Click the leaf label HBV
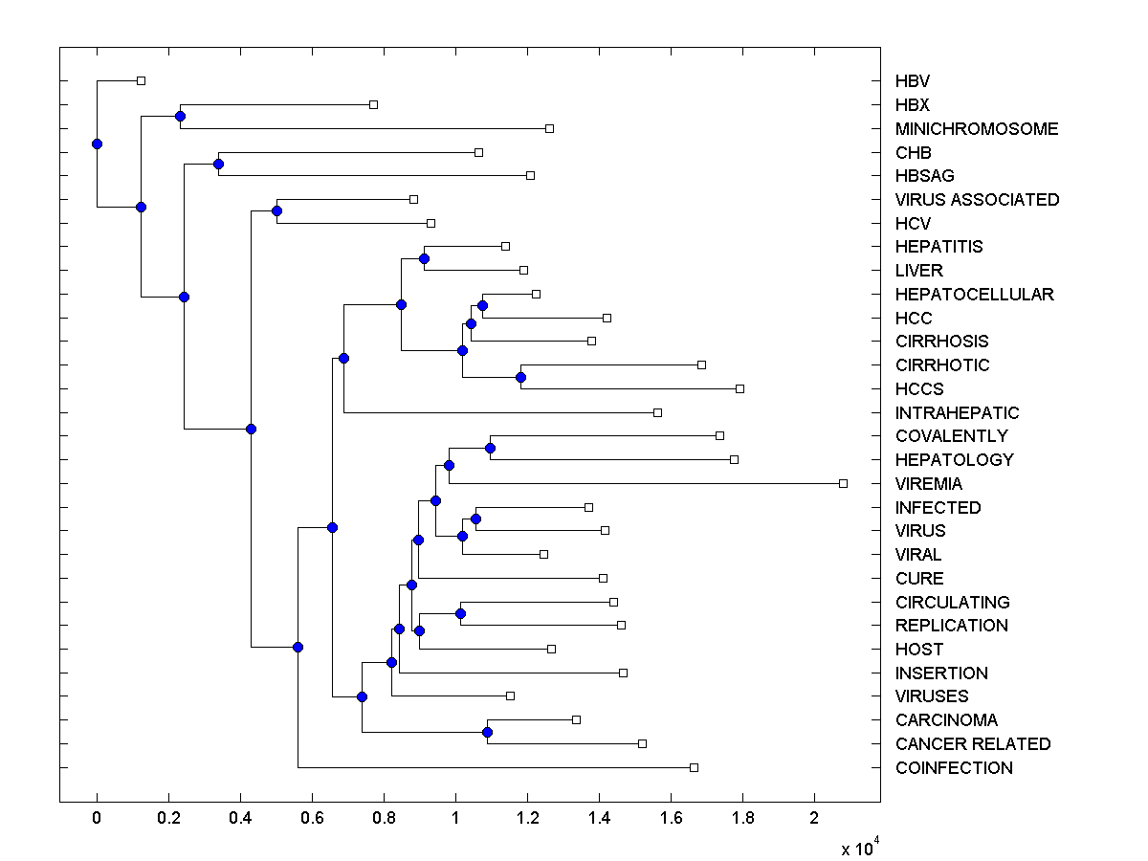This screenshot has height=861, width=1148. coord(912,81)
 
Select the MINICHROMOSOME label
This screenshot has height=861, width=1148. coord(977,128)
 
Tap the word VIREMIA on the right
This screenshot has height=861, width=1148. coord(929,484)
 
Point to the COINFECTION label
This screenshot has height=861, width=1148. coord(954,768)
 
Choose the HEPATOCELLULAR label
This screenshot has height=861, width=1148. coord(974,295)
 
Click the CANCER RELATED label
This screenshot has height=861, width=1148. coord(973,744)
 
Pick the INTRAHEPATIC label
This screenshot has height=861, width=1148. coord(957,413)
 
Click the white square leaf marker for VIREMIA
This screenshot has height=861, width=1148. coord(843,483)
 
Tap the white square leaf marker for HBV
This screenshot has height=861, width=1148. coord(141,80)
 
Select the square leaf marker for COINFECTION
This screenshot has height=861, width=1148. coord(694,767)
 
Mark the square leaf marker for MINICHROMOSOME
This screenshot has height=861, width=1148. coord(549,128)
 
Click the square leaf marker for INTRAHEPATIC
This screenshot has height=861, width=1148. coord(657,412)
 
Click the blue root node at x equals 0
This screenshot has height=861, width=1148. coord(97,143)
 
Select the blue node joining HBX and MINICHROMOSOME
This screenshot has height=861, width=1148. coord(180,116)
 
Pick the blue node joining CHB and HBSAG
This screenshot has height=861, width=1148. coord(218,164)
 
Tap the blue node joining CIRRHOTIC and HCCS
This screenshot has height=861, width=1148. coord(520,377)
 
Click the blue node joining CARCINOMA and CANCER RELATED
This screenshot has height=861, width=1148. coord(487,732)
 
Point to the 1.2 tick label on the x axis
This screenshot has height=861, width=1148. coord(527,818)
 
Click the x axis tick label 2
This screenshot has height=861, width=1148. coord(814,818)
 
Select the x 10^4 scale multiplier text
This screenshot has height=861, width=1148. coord(858,848)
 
